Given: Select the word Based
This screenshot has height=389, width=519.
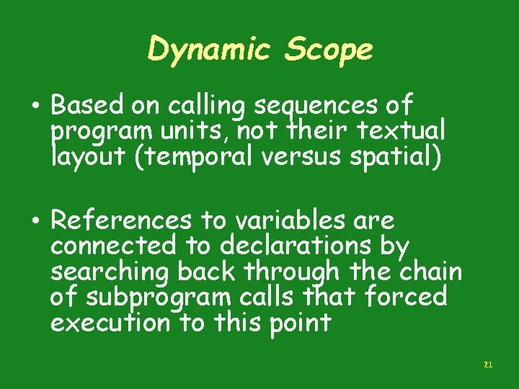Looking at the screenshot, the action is pos(88,107).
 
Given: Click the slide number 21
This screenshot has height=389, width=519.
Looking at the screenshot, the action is pos(487,365).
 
